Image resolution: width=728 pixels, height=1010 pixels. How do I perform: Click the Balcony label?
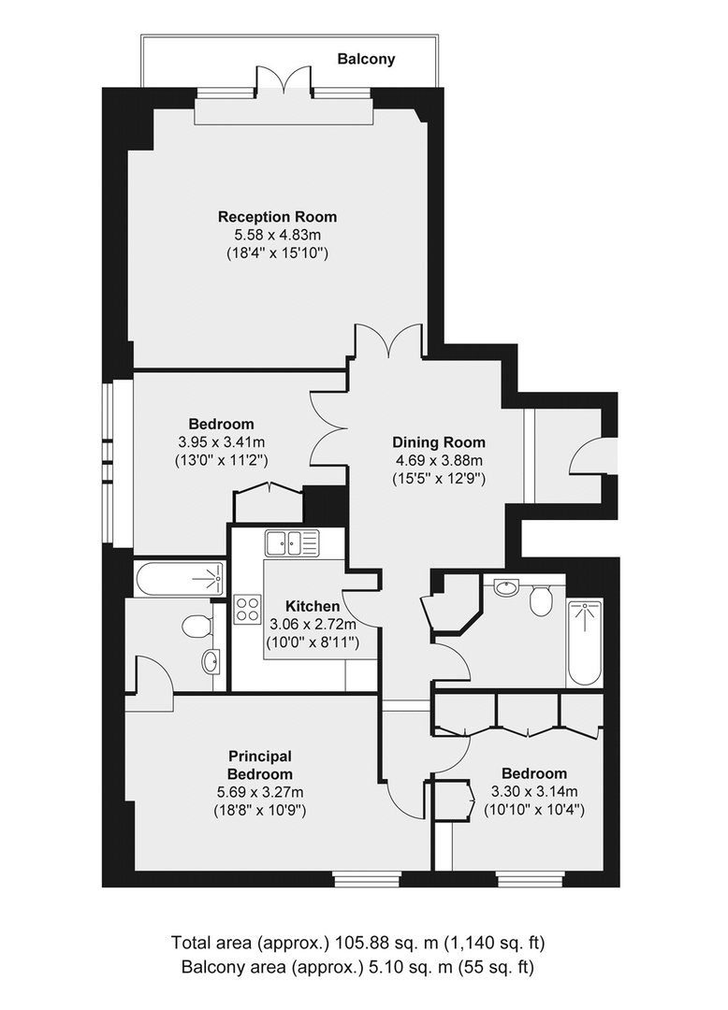coord(366,59)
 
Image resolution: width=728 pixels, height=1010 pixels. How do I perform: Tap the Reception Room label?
coord(277,217)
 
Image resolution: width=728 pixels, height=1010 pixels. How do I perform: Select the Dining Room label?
coord(439,442)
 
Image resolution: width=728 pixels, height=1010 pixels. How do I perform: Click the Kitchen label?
coord(313,606)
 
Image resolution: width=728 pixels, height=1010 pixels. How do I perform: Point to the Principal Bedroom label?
coord(260,765)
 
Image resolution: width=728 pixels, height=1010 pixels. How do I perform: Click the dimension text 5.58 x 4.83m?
coord(277,235)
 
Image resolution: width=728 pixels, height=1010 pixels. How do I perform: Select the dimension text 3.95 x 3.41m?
coord(221,442)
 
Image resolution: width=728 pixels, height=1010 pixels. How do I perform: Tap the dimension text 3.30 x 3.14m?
coord(534,792)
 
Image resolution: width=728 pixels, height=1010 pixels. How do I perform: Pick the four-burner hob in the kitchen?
coord(247,609)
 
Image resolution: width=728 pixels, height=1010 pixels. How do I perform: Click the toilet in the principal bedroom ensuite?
coord(197,625)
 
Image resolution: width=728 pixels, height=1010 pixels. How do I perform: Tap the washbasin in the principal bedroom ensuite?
coord(211,661)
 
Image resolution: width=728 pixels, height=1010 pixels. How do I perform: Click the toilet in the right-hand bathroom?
coord(540,599)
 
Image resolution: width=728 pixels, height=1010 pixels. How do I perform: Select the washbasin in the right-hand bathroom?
coord(507,586)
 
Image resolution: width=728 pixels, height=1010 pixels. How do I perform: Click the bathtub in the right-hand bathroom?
coord(584,643)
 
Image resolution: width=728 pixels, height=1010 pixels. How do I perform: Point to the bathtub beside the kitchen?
coord(180,579)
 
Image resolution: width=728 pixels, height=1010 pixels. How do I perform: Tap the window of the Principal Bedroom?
coord(367,878)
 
